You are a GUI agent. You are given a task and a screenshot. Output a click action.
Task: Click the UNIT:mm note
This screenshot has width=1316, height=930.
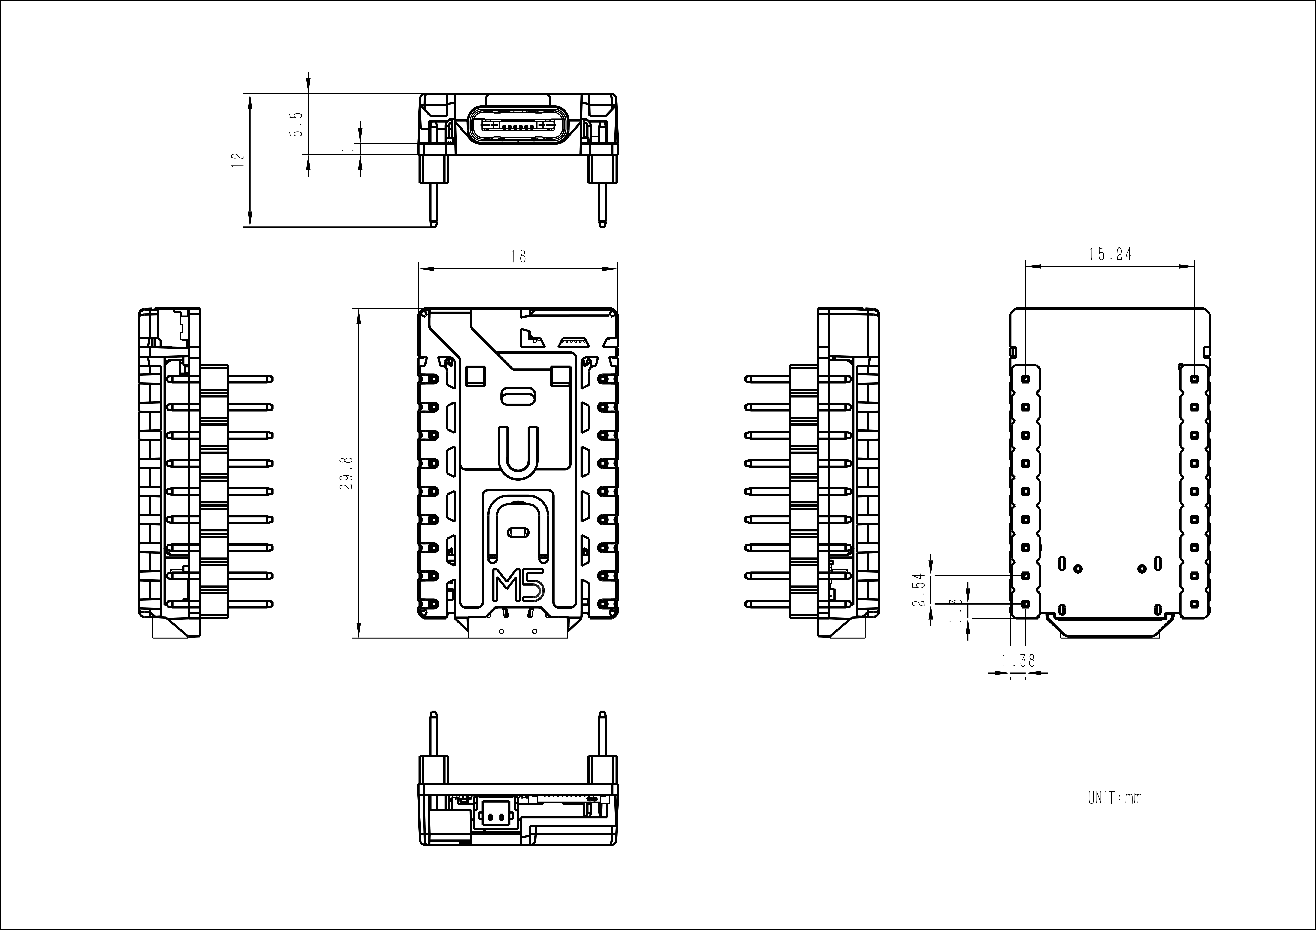pos(1114,798)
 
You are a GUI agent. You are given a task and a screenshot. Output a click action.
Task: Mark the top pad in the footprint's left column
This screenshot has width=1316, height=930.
pos(1025,379)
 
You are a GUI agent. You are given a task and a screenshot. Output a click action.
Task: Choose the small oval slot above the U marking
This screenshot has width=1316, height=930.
pos(518,396)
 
